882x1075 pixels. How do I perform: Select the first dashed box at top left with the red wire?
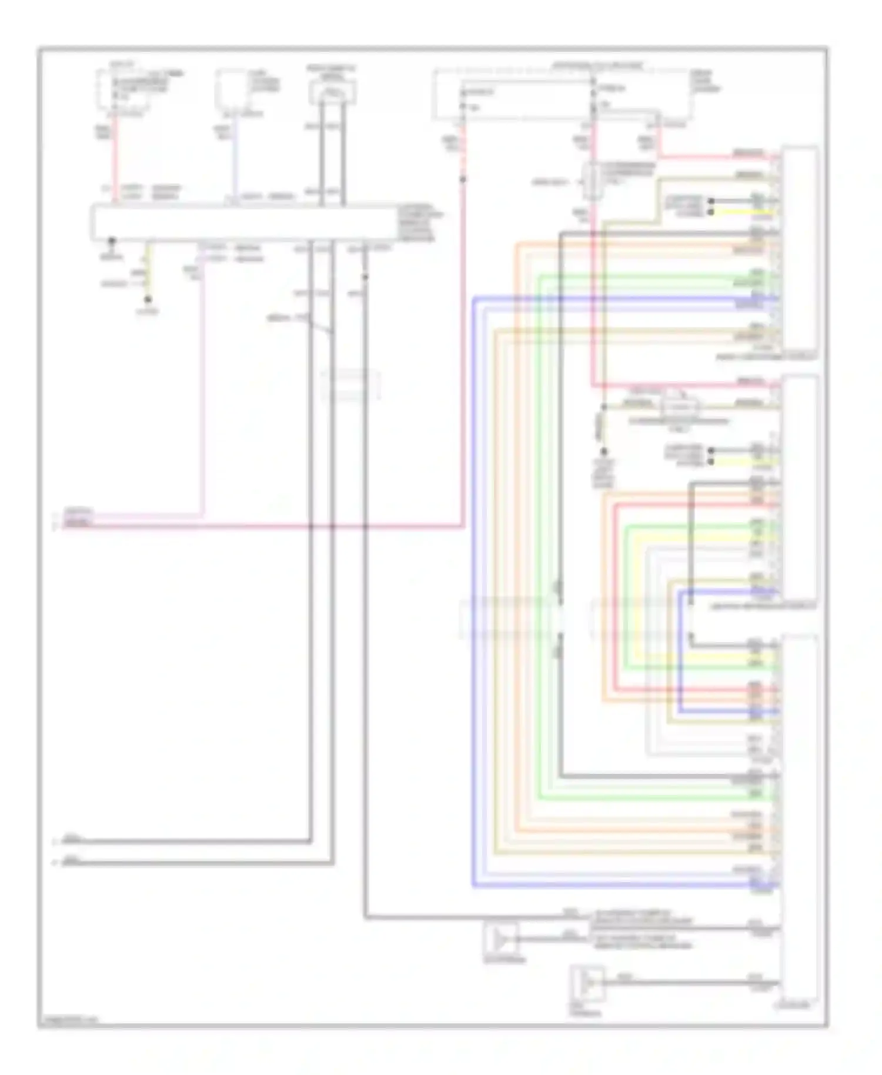pyautogui.click(x=122, y=90)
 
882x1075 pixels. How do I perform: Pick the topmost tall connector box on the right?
pyautogui.click(x=799, y=247)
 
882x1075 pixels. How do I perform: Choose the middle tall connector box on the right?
pyautogui.click(x=799, y=488)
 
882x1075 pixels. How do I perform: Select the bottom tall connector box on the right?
pyautogui.click(x=799, y=817)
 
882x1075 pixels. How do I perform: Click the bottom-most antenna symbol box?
pyautogui.click(x=587, y=984)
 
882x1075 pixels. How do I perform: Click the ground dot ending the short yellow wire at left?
pyautogui.click(x=148, y=300)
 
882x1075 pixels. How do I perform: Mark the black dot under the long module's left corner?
pyautogui.click(x=111, y=241)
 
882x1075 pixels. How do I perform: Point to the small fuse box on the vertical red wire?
pyautogui.click(x=593, y=181)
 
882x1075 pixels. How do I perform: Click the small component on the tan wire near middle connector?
pyautogui.click(x=680, y=406)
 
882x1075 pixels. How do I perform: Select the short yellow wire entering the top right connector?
pyautogui.click(x=744, y=212)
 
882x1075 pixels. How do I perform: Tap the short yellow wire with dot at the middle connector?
pyautogui.click(x=744, y=462)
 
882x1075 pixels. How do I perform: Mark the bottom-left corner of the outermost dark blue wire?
pyautogui.click(x=473, y=886)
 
